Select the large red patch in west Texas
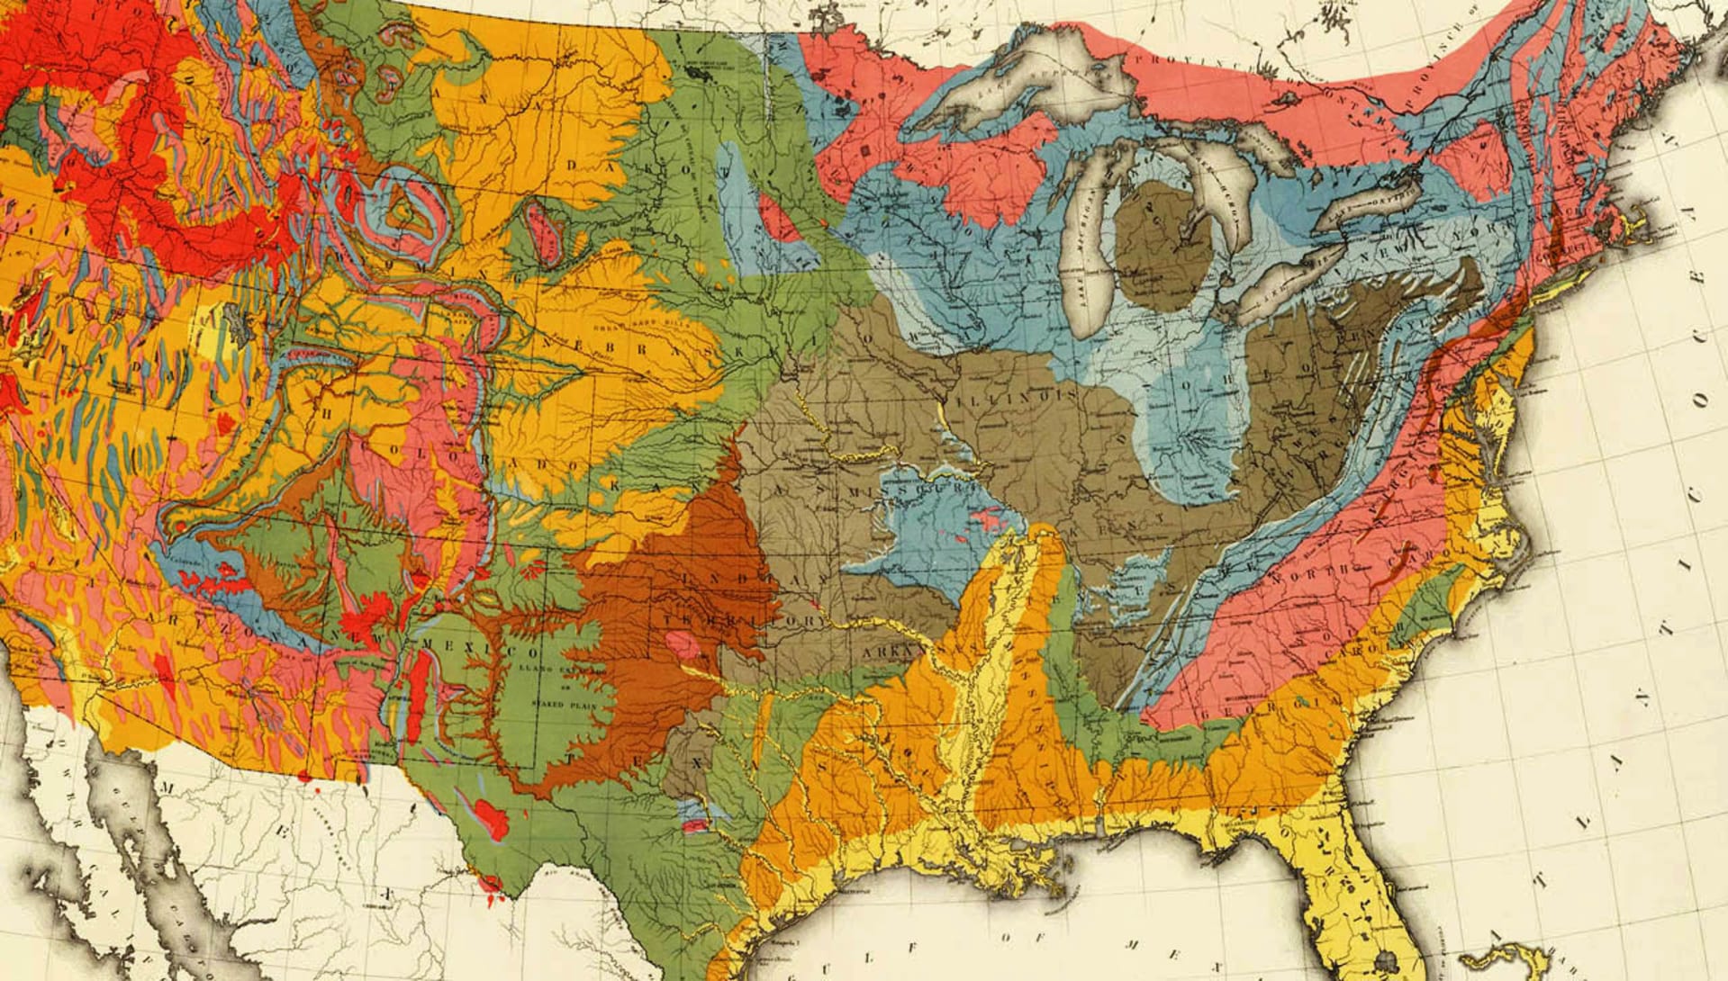click(491, 817)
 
